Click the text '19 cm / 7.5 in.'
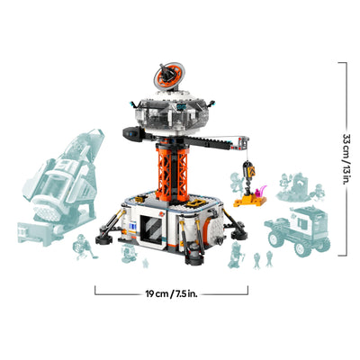point(171,292)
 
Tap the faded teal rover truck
point(301,229)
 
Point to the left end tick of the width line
point(94,291)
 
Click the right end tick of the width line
point(248,291)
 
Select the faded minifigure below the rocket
point(79,244)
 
